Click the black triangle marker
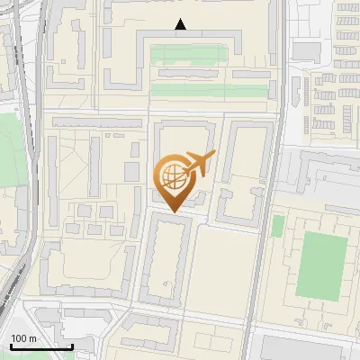click(x=181, y=25)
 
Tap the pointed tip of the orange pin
click(x=171, y=211)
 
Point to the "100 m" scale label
click(x=24, y=338)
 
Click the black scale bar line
click(x=41, y=346)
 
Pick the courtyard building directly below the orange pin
click(x=167, y=261)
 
